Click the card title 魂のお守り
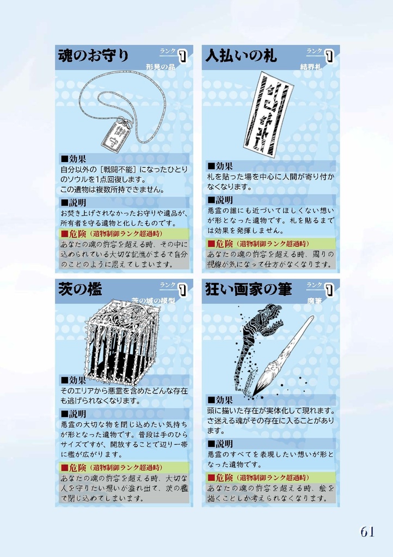[x=94, y=55]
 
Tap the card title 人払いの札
[x=241, y=55]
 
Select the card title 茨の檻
[x=80, y=289]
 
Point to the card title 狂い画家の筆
[x=248, y=289]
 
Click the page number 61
[x=367, y=532]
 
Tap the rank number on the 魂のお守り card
[x=182, y=57]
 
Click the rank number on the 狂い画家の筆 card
[x=329, y=290]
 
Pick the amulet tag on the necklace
[x=113, y=135]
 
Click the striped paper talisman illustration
[x=268, y=114]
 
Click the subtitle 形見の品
[x=161, y=67]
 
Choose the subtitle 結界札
[x=310, y=67]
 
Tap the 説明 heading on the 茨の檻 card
[x=73, y=414]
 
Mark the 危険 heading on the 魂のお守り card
[x=73, y=233]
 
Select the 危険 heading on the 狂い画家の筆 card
[x=220, y=478]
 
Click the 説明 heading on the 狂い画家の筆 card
[x=220, y=444]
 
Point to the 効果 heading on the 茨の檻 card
[x=73, y=380]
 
